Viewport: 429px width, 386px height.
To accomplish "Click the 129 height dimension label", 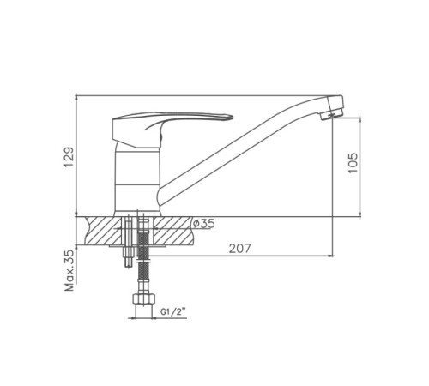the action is point(69,157).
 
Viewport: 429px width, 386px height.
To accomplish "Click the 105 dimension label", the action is point(353,162).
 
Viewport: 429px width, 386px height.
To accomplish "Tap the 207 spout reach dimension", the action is point(239,248).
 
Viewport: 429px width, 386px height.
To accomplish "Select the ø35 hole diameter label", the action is point(203,223).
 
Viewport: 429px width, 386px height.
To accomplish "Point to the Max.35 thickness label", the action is point(69,270).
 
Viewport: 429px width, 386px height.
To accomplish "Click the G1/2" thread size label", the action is point(173,311).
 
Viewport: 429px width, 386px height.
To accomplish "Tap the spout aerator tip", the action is point(331,116).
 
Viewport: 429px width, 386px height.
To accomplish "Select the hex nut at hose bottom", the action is point(144,299).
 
